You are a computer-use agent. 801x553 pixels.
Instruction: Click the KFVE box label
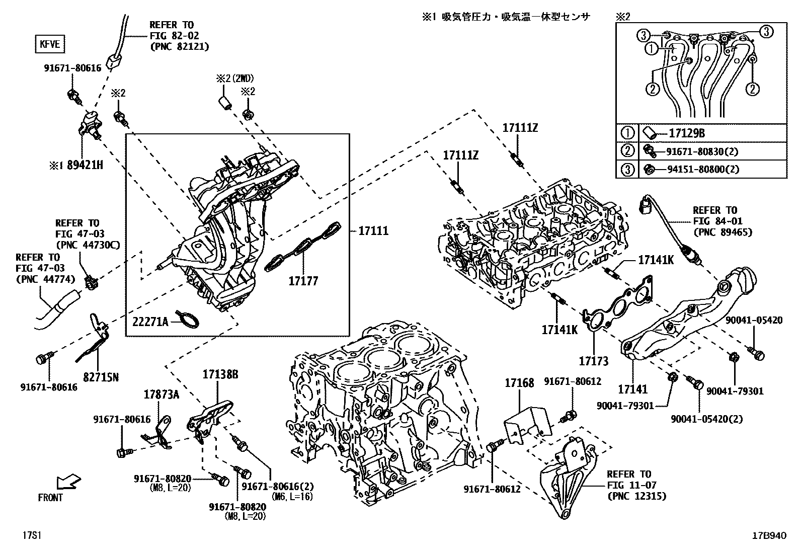[x=50, y=44]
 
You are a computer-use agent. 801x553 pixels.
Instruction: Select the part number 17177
[x=303, y=281]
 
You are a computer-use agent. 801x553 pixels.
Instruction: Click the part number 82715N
[x=102, y=376]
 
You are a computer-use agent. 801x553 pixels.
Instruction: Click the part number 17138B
[x=220, y=374]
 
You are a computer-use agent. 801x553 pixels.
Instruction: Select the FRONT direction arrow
[x=67, y=482]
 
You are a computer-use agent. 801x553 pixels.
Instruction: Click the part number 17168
[x=519, y=383]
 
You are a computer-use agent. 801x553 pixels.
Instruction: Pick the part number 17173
[x=593, y=361]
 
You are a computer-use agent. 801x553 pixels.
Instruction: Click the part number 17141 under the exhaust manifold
[x=632, y=389]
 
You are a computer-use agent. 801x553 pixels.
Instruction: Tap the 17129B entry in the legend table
[x=686, y=133]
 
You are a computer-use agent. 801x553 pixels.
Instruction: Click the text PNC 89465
[x=723, y=232]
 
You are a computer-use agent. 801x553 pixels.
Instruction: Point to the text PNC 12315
[x=636, y=496]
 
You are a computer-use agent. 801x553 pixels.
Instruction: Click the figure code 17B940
[x=768, y=536]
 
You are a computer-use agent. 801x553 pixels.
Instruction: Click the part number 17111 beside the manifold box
[x=373, y=230]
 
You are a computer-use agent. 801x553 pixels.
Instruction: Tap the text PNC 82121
[x=179, y=46]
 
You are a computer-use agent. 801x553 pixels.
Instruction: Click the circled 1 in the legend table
[x=627, y=133]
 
